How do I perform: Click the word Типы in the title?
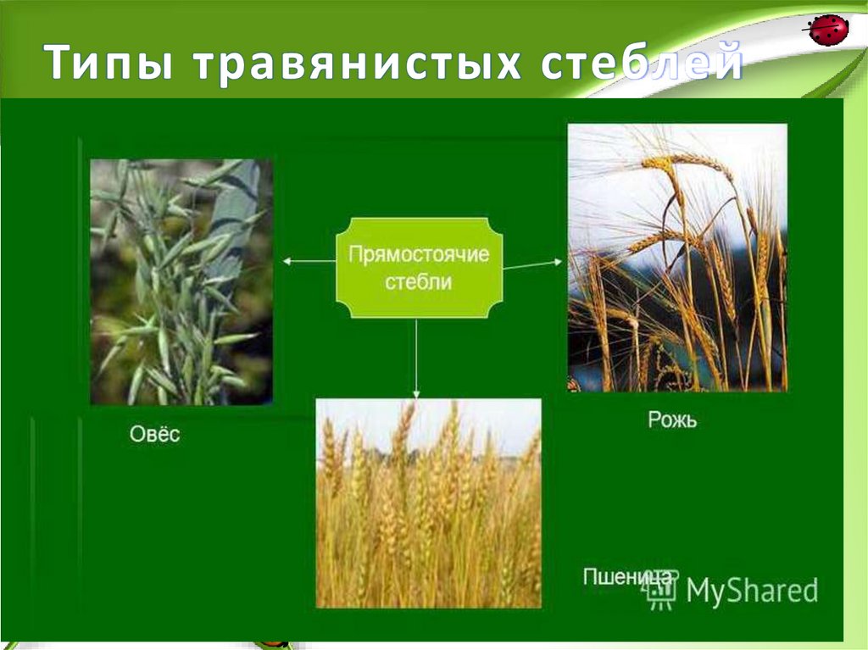click(x=108, y=66)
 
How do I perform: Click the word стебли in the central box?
click(x=419, y=282)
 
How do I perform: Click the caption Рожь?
click(x=672, y=419)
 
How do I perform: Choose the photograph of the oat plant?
click(x=181, y=281)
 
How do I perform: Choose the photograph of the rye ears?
click(x=676, y=257)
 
